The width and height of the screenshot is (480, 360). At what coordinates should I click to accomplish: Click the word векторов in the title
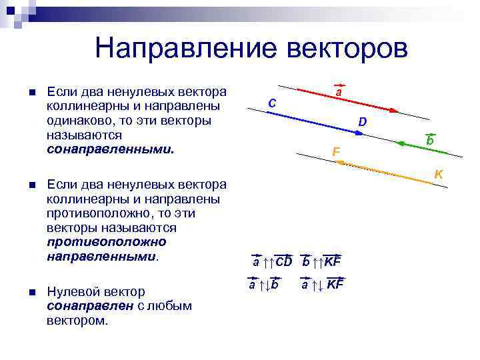pos(345,47)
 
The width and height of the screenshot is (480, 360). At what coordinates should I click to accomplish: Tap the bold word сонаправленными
pos(109,149)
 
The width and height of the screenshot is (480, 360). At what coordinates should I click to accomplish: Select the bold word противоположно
pos(107,241)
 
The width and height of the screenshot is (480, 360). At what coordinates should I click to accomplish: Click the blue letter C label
pos(272,103)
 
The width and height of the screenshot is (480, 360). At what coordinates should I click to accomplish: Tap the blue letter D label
pos(362,122)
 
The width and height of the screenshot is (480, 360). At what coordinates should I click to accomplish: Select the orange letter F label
pos(336,153)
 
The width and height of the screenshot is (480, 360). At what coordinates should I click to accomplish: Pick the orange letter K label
pos(439,174)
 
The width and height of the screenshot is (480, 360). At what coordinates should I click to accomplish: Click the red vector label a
pos(339,93)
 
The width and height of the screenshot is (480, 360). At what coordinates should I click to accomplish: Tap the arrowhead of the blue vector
pos(361,133)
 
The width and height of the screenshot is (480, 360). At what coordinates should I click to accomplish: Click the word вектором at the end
pos(77,321)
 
